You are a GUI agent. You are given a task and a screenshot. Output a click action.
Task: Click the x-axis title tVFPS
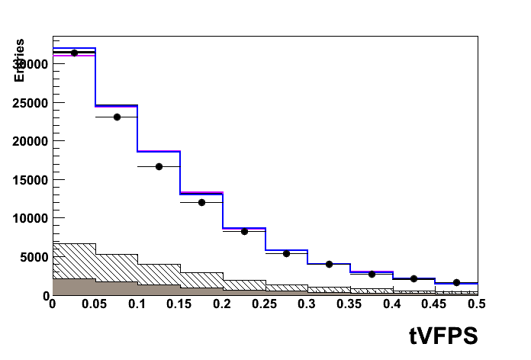point(443,336)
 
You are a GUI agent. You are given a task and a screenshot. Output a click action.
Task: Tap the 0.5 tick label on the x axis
point(477,304)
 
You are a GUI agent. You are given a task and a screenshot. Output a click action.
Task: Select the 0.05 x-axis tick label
point(95,304)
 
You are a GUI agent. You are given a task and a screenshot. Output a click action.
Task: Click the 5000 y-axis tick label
point(35,257)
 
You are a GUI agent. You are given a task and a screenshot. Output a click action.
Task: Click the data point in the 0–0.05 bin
point(74,53)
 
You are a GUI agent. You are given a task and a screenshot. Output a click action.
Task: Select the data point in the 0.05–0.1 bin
point(117,117)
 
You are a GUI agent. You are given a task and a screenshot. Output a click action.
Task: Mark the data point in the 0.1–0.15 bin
point(159,166)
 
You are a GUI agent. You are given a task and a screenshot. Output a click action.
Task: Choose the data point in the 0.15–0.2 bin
point(201,202)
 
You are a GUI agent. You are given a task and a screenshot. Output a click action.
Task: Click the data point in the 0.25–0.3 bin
point(286,253)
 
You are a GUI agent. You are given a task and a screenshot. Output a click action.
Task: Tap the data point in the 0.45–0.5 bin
point(456,282)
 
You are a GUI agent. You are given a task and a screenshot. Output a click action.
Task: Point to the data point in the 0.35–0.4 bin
point(372,274)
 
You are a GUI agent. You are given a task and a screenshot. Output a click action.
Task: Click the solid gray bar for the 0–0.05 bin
point(74,287)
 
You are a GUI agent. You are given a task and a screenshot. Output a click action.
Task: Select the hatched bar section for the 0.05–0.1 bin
point(117,268)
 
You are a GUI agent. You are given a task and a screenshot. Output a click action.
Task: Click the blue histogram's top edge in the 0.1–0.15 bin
point(159,151)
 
